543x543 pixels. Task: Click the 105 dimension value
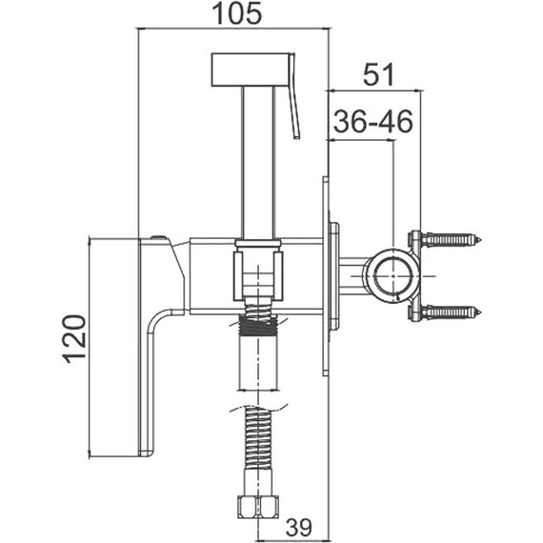click(x=237, y=13)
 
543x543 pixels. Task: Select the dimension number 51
click(x=378, y=74)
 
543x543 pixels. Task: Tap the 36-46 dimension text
click(x=373, y=121)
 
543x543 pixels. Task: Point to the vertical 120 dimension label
click(x=73, y=338)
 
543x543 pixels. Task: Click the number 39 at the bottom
click(x=298, y=527)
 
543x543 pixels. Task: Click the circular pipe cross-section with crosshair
click(x=393, y=276)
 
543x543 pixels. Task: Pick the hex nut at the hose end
click(x=258, y=507)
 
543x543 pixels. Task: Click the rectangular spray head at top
click(x=250, y=70)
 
